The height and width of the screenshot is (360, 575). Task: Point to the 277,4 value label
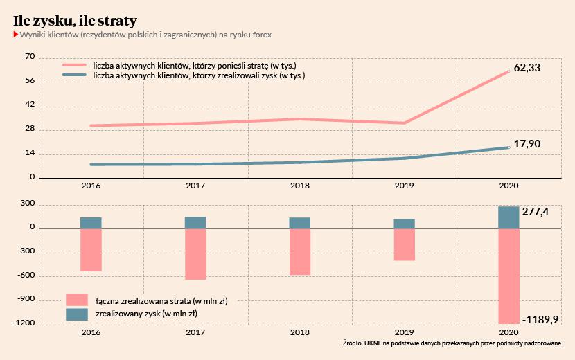[537, 211]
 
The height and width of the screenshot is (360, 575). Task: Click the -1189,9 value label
[542, 319]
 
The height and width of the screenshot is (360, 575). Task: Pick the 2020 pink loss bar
[508, 276]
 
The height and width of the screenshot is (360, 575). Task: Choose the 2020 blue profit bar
[508, 217]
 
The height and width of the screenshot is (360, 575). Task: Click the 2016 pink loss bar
[91, 249]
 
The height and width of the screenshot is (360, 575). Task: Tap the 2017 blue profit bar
[195, 222]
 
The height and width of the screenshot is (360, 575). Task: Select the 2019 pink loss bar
[405, 244]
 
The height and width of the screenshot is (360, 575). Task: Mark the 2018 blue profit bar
[300, 223]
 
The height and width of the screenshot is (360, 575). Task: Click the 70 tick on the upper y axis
[29, 57]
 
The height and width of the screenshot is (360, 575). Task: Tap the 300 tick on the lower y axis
[27, 204]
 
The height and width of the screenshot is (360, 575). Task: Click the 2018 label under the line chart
[300, 186]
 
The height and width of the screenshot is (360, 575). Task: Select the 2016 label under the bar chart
[91, 333]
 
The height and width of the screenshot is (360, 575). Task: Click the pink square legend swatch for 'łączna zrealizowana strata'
[77, 300]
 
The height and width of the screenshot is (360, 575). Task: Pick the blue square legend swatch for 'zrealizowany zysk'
[77, 314]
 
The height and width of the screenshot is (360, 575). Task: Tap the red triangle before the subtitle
[16, 34]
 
